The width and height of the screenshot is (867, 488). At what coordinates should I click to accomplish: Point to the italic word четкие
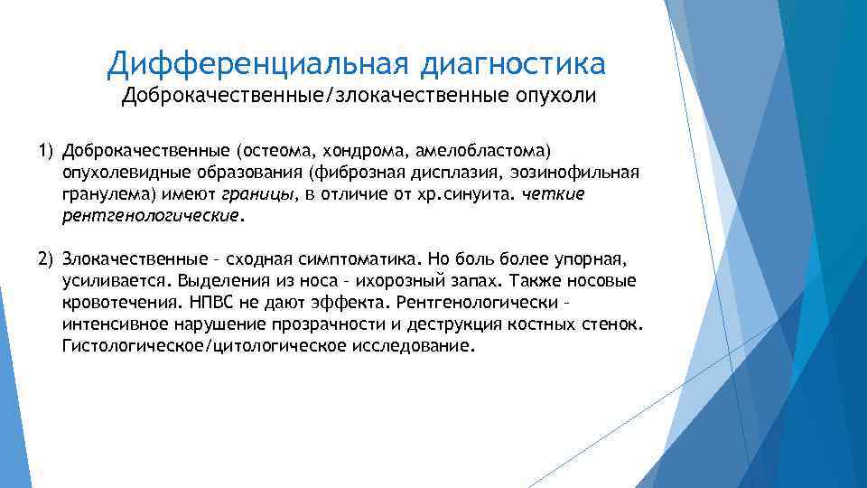coord(555,194)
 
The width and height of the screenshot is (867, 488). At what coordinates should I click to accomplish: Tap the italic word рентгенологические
coord(152,217)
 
